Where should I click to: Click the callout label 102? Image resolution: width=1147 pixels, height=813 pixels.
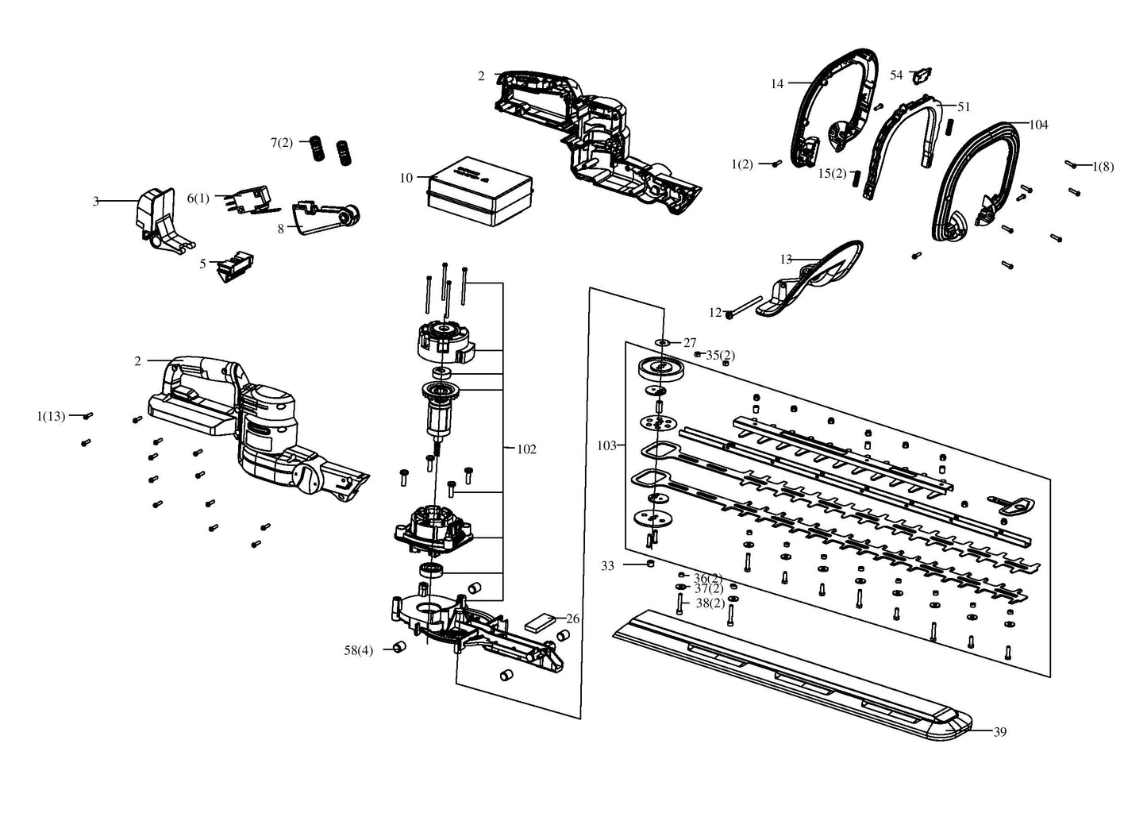click(526, 449)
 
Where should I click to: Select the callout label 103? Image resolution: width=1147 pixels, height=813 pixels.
click(606, 445)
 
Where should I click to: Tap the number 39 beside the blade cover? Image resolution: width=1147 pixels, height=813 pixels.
click(999, 732)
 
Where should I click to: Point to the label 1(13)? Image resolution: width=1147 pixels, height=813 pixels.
click(52, 417)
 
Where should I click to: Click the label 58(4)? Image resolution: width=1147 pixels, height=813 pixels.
click(359, 650)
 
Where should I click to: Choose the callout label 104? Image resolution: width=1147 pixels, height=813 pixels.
click(1038, 125)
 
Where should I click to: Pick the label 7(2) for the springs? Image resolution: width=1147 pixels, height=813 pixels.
click(282, 142)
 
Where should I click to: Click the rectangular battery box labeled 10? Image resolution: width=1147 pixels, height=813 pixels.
click(479, 191)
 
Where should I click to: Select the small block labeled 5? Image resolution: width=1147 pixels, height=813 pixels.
click(235, 267)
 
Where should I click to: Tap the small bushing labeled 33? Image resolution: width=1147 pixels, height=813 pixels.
click(650, 564)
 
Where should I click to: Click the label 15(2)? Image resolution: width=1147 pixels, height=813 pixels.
click(832, 174)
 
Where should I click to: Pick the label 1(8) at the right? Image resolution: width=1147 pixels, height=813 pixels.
click(1103, 167)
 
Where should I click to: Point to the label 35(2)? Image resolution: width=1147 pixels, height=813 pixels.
click(721, 355)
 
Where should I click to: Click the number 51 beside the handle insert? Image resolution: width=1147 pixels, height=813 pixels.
click(964, 106)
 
